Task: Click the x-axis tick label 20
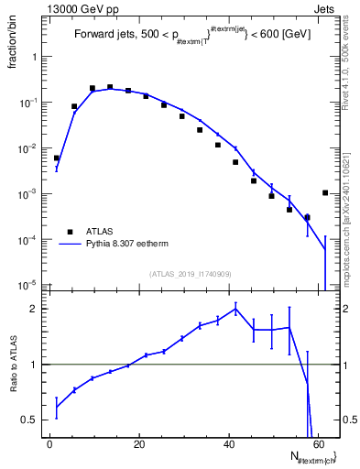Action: [x=139, y=443]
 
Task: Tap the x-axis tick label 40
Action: [x=229, y=443]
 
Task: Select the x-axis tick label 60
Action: [x=318, y=443]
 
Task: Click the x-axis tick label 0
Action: [x=50, y=443]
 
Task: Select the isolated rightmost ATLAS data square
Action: [x=325, y=192]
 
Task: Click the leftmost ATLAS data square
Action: [x=57, y=158]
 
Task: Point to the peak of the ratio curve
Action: [x=235, y=309]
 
